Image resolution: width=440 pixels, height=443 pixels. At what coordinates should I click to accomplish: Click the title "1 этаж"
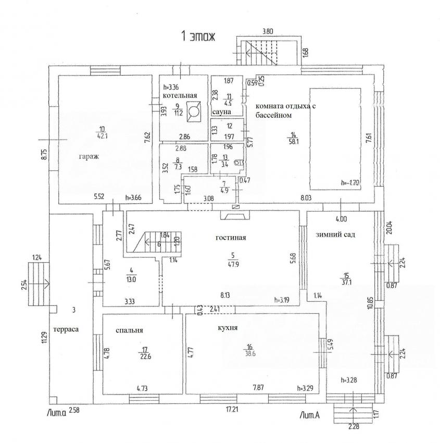(197, 36)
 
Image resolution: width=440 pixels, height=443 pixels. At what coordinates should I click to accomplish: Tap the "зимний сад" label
(335, 235)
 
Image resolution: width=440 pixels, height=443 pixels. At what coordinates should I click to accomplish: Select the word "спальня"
(129, 330)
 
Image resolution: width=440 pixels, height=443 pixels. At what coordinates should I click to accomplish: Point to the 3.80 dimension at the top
(268, 31)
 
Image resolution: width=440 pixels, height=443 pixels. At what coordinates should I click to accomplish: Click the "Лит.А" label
(310, 415)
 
